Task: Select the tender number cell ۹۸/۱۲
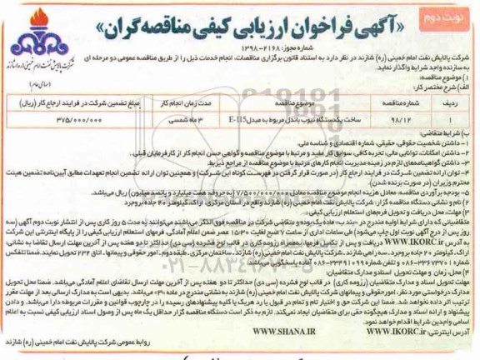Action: click(403, 118)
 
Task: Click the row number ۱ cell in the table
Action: click(448, 118)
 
